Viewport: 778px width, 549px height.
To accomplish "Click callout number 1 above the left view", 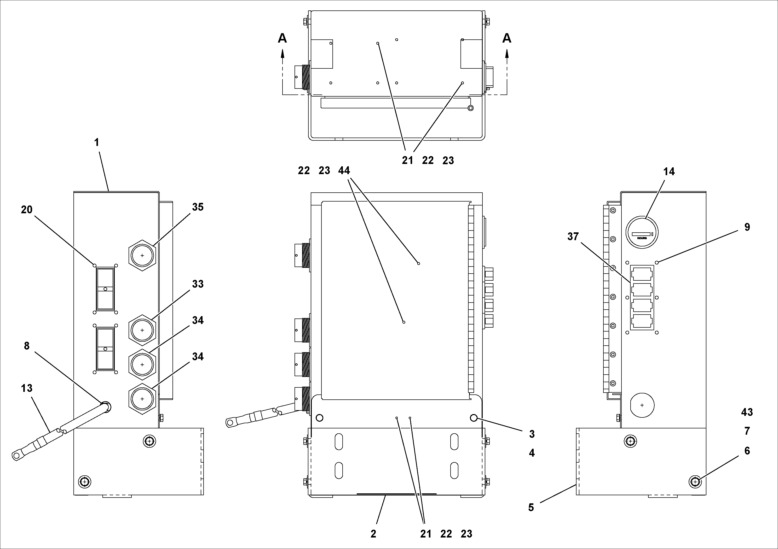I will coord(97,143).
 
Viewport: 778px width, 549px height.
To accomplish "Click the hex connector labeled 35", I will coord(142,255).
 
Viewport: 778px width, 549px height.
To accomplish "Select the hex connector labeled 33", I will coord(142,330).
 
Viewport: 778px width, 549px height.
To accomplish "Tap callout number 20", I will coord(26,210).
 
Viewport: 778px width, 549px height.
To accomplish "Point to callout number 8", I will coord(26,346).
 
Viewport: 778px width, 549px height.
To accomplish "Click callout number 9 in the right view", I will coord(747,227).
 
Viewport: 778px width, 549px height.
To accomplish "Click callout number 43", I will coord(747,412).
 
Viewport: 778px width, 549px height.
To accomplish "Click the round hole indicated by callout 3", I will coord(474,418).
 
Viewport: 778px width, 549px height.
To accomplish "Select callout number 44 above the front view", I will coord(344,170).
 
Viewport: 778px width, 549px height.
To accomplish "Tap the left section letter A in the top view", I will coord(282,38).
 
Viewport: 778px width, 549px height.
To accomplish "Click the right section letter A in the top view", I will coord(506,38).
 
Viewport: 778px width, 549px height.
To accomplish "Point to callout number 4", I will coord(532,453).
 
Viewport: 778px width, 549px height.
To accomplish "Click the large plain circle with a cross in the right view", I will coord(642,405).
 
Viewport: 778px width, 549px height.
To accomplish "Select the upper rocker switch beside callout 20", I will coord(105,289).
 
